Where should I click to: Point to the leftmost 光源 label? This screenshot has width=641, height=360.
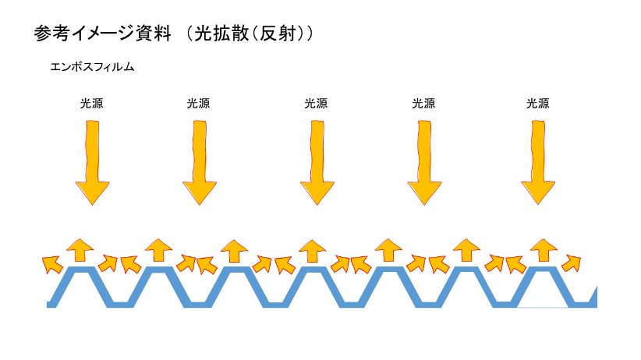point(91,103)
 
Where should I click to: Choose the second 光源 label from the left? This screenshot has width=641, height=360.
point(198,103)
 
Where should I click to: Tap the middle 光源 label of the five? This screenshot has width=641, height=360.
point(316,103)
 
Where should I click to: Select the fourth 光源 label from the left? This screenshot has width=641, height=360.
point(423,103)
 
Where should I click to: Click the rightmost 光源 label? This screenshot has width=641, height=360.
point(538,103)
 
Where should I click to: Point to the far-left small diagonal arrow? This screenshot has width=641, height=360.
point(51,263)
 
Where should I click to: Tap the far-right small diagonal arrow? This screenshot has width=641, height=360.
point(572,263)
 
